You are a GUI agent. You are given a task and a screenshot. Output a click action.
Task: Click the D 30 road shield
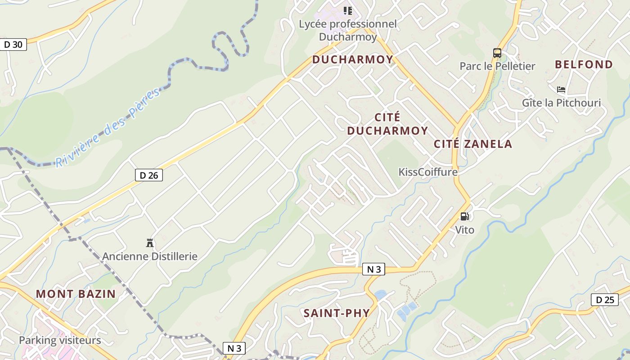[x=13, y=45]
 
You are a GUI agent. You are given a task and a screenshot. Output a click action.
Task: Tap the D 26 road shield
[x=149, y=175]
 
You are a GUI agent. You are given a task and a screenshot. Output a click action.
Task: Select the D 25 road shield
[x=605, y=300]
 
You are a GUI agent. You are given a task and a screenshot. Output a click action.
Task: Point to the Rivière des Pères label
[x=108, y=128]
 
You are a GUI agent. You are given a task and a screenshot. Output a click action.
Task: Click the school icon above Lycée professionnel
[x=348, y=10]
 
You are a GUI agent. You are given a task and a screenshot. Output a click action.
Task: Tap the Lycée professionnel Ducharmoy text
[x=348, y=30]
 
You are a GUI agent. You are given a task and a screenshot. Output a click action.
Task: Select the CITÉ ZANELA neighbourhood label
[x=473, y=144]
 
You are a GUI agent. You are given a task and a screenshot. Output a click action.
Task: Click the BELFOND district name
[x=584, y=64]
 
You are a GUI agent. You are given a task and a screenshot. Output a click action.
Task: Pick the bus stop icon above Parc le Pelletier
[x=497, y=53]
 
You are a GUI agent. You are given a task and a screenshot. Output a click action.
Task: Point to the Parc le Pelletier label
[x=497, y=66]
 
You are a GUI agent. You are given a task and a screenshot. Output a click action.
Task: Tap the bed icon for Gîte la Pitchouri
[x=561, y=90]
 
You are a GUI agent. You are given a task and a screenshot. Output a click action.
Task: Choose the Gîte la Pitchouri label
[x=561, y=103]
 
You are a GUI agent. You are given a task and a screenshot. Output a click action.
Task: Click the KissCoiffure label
[x=428, y=172]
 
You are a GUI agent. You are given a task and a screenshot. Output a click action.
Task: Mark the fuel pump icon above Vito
[x=465, y=216]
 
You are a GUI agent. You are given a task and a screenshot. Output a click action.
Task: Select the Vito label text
[x=465, y=230]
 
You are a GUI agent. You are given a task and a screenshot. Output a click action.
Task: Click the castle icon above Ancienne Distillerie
[x=150, y=243]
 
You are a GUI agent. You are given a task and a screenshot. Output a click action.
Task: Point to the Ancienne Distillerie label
[x=150, y=256]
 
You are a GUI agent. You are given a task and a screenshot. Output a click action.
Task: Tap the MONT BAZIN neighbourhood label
[x=76, y=294]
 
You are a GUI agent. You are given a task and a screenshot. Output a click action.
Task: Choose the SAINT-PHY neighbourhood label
[x=337, y=313]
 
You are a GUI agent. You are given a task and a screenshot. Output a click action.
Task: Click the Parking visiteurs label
[x=60, y=340]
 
